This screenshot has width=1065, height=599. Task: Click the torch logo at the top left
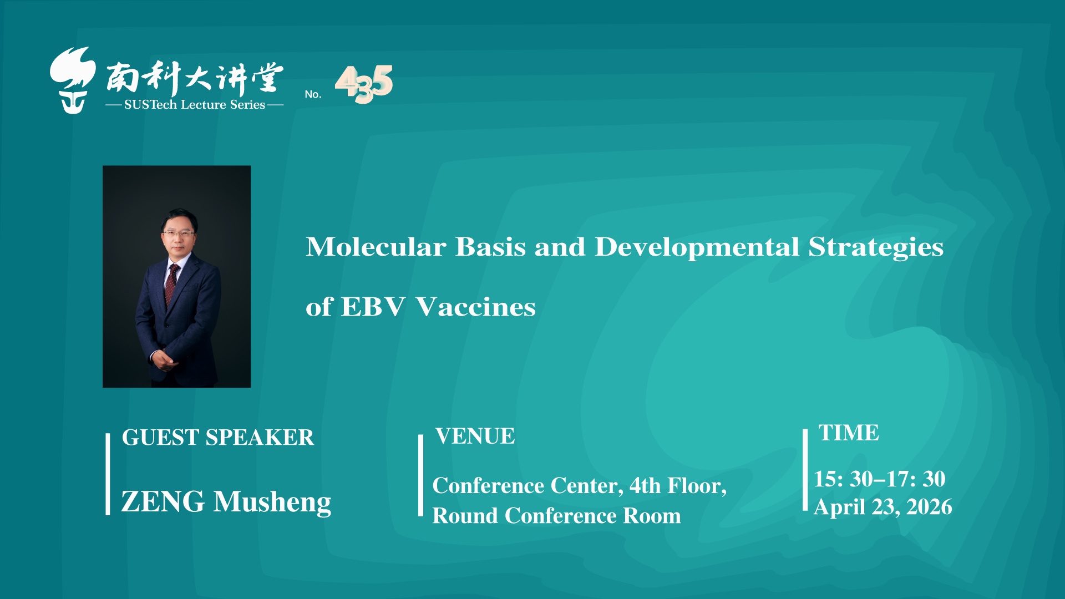click(x=73, y=80)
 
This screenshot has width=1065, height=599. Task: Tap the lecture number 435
click(x=364, y=84)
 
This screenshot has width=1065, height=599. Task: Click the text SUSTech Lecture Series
click(x=195, y=105)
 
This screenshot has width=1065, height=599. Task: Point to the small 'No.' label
click(x=313, y=94)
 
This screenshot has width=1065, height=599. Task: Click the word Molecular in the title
click(x=376, y=247)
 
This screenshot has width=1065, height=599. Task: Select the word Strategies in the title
click(x=876, y=248)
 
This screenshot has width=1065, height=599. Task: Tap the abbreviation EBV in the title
click(x=373, y=307)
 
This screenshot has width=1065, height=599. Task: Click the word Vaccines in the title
click(x=475, y=307)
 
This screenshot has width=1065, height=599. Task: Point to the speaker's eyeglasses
click(x=179, y=234)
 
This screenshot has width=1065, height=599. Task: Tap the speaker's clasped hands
click(x=165, y=361)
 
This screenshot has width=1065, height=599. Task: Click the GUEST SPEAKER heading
click(x=218, y=438)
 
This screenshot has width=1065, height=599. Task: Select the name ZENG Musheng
click(x=226, y=502)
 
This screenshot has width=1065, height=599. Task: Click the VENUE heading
click(x=475, y=436)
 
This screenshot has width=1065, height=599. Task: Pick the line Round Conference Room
click(x=556, y=516)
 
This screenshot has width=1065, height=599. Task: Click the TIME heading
click(x=849, y=433)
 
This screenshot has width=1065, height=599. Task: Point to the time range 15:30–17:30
click(x=880, y=479)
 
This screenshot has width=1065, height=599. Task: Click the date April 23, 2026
click(x=883, y=507)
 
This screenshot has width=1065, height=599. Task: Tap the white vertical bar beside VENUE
click(x=420, y=475)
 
